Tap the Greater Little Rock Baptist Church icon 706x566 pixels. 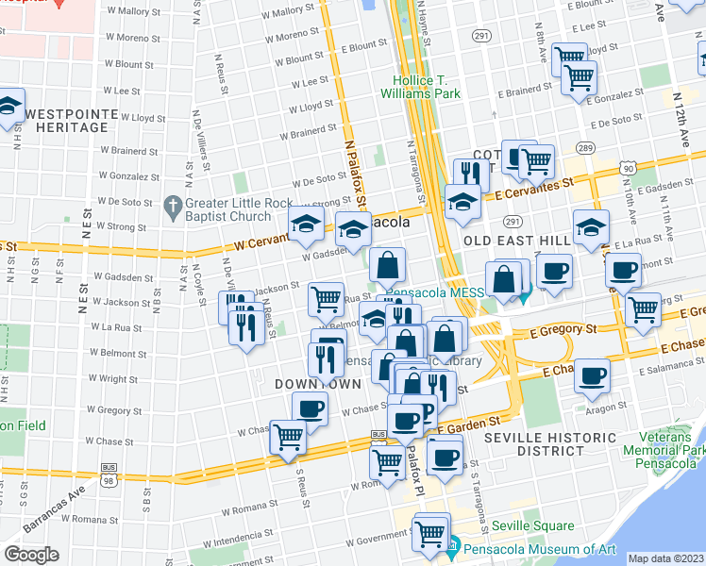tap(172, 205)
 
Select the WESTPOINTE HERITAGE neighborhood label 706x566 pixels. tap(72, 122)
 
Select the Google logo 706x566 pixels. tap(31, 554)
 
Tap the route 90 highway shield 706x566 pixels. tap(628, 166)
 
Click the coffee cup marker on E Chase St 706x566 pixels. tap(593, 375)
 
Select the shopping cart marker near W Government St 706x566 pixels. tap(431, 532)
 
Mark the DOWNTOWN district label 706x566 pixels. tap(317, 385)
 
